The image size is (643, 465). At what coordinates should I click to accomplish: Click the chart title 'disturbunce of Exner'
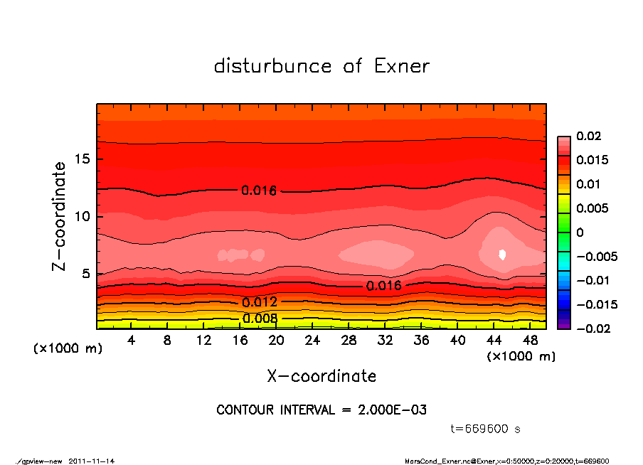(x=321, y=66)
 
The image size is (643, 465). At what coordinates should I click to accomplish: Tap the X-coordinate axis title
(x=321, y=376)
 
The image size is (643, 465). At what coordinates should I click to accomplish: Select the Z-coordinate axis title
(x=60, y=215)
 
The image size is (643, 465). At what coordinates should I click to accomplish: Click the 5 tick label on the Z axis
(x=85, y=274)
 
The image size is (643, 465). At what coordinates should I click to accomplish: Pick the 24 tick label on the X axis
(x=312, y=341)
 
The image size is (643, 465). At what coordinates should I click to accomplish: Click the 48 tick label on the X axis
(x=530, y=341)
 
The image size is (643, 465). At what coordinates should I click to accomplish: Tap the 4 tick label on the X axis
(x=132, y=341)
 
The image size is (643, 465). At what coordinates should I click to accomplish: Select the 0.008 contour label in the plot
(x=260, y=318)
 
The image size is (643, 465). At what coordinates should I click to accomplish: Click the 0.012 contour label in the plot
(x=260, y=302)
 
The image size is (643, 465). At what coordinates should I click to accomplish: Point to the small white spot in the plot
(x=503, y=255)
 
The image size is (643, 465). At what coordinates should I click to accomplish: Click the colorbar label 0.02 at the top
(x=588, y=136)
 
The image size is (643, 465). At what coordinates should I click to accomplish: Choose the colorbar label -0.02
(x=592, y=328)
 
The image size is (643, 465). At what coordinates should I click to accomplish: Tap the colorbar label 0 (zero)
(x=580, y=232)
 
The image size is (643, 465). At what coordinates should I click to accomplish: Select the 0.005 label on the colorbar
(x=592, y=208)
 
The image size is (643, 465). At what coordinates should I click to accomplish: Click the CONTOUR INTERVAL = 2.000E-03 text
(x=321, y=410)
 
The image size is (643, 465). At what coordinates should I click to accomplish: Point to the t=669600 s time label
(x=486, y=429)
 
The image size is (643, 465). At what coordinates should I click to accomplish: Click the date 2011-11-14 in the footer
(x=92, y=461)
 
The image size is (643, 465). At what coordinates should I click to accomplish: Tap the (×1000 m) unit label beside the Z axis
(x=65, y=349)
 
